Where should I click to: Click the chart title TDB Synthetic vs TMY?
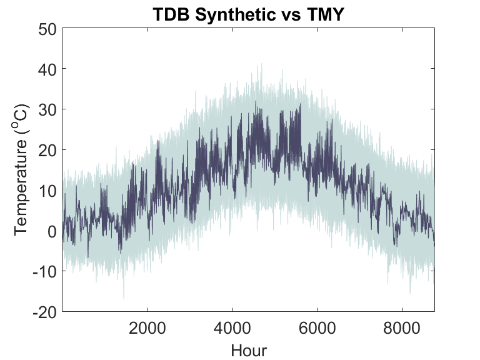coord(248,14)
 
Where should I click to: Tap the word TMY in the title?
coord(325,14)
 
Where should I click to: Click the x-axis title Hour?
coord(248,350)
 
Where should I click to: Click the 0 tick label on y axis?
coord(51,231)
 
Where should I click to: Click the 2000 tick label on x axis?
coord(147,328)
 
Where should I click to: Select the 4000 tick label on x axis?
coord(232,328)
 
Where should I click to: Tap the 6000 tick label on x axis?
coord(317,328)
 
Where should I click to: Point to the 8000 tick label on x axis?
coord(401,328)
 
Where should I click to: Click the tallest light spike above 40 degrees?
coord(261,64)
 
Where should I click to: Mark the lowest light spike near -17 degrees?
coord(124,297)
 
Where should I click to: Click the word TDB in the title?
coord(171,14)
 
